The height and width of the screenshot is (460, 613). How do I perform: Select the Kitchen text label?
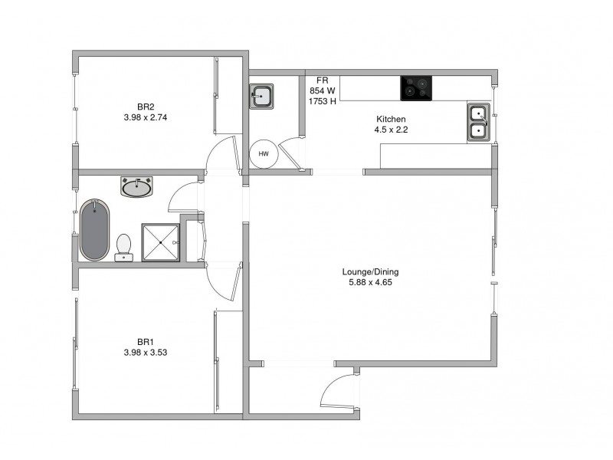(390, 119)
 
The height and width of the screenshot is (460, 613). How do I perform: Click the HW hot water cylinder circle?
(264, 154)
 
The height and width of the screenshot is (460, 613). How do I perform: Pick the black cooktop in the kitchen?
(418, 89)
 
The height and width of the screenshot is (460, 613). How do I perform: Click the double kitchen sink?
(478, 123)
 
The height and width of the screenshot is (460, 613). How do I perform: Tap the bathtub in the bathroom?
(94, 229)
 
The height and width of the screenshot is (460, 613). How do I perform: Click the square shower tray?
(160, 242)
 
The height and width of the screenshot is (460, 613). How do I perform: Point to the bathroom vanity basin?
(138, 186)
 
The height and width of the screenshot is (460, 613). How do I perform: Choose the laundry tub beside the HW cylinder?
(262, 97)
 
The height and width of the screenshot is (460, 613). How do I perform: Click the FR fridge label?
(323, 80)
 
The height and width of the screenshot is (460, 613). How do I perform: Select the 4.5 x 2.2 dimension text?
(390, 130)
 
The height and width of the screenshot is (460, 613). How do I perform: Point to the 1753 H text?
(323, 100)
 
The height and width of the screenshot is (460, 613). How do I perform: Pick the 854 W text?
(323, 90)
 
